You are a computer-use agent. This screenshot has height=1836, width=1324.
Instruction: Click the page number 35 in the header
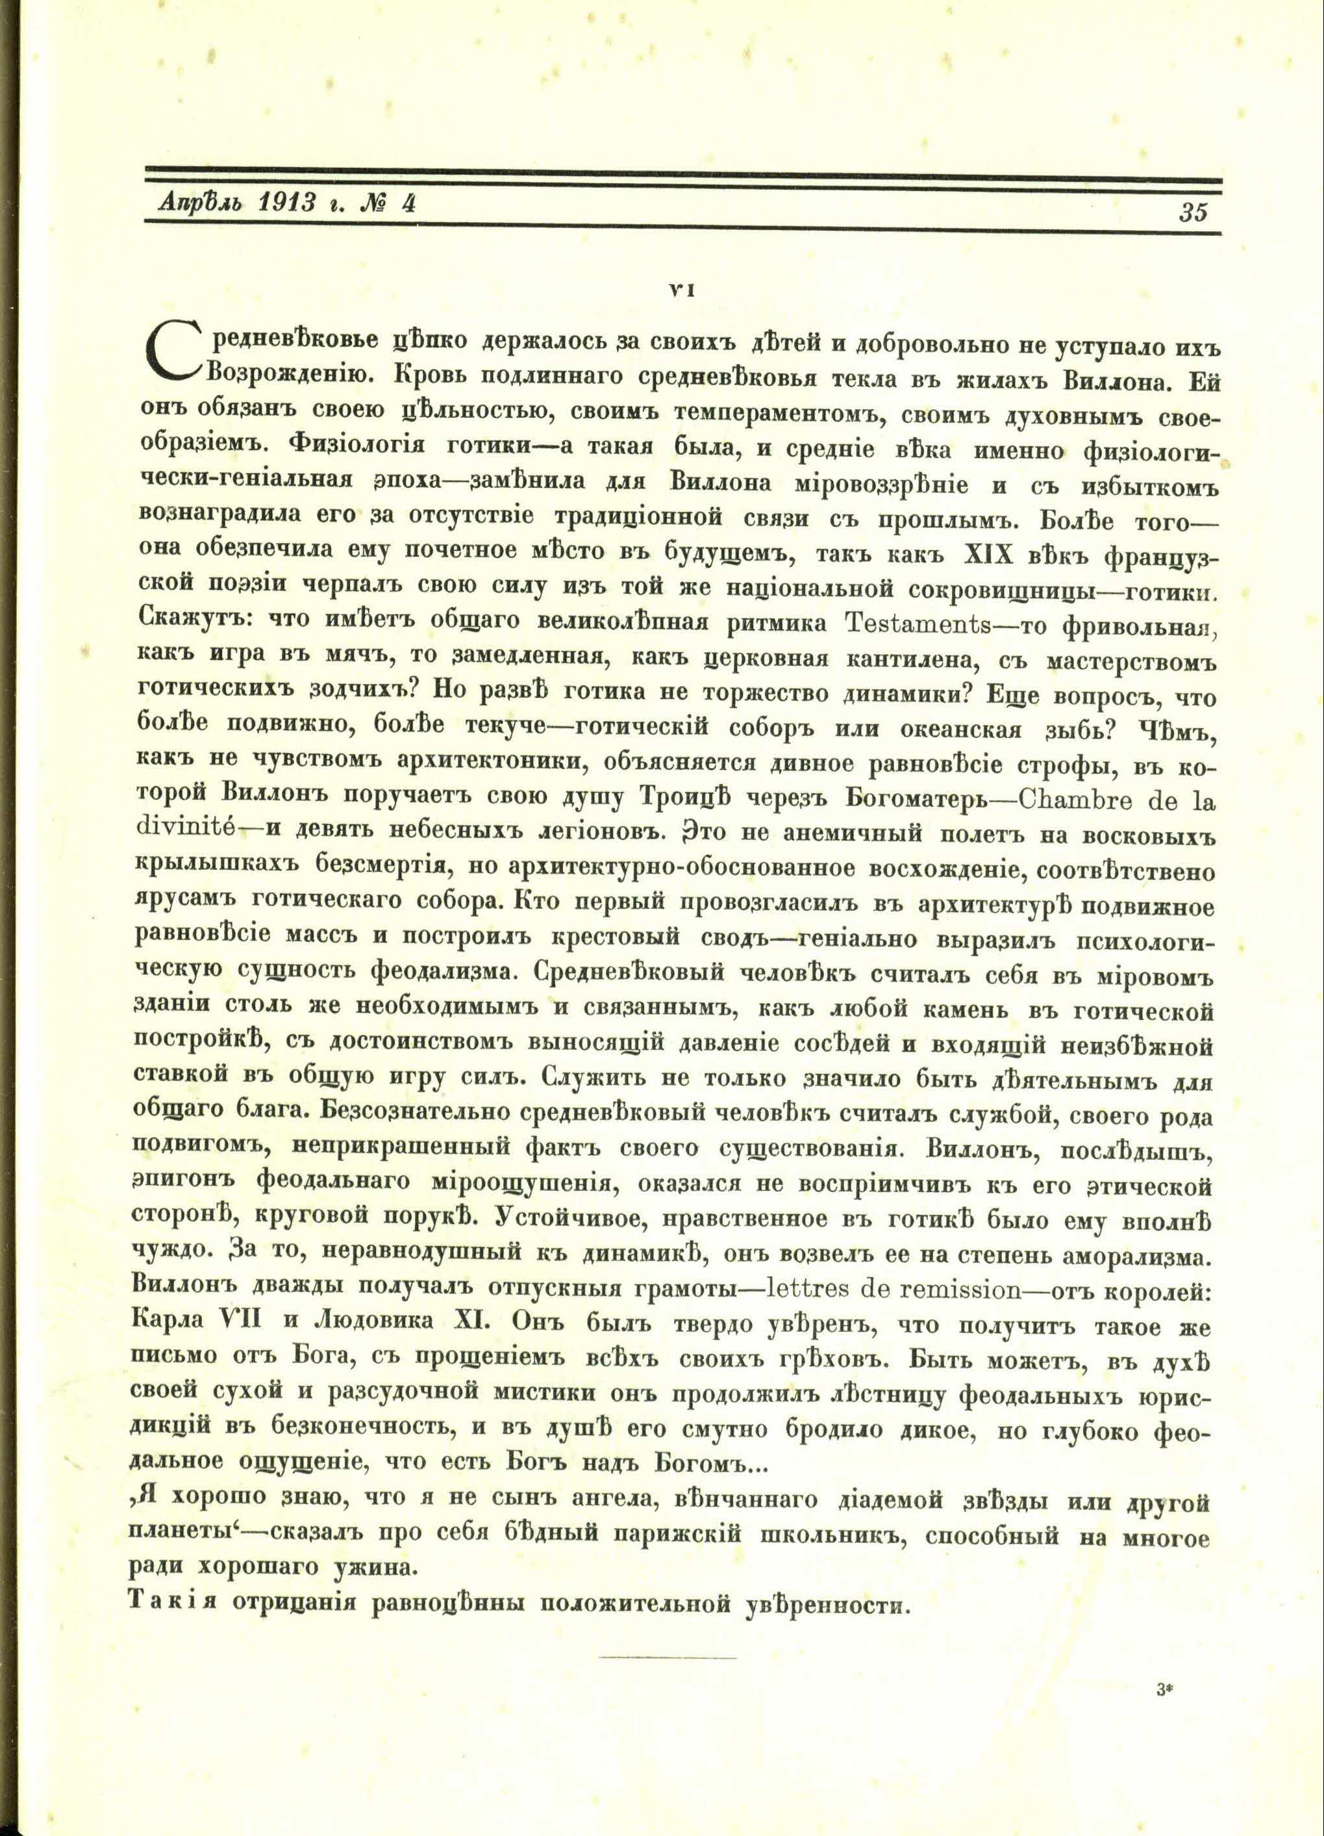pyautogui.click(x=1193, y=212)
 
